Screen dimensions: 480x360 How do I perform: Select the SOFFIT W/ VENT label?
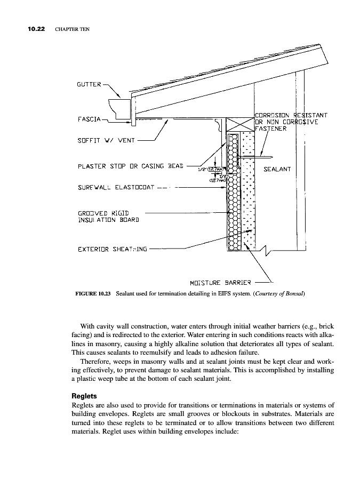(105, 142)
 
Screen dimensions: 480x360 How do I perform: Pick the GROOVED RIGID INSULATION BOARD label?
(108, 215)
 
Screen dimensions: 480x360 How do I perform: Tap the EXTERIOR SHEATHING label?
(113, 249)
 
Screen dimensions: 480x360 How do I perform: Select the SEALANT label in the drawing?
(277, 170)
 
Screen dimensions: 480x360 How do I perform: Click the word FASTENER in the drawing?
(271, 128)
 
